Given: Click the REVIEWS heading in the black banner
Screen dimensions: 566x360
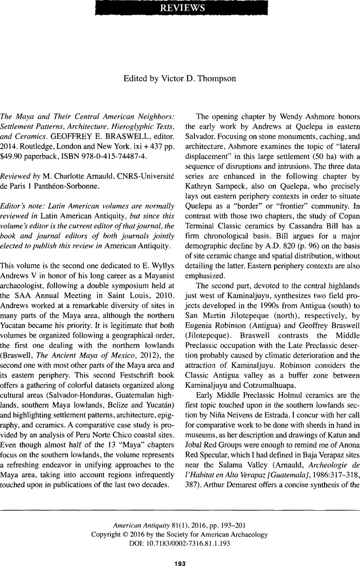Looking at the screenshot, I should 180,8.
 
